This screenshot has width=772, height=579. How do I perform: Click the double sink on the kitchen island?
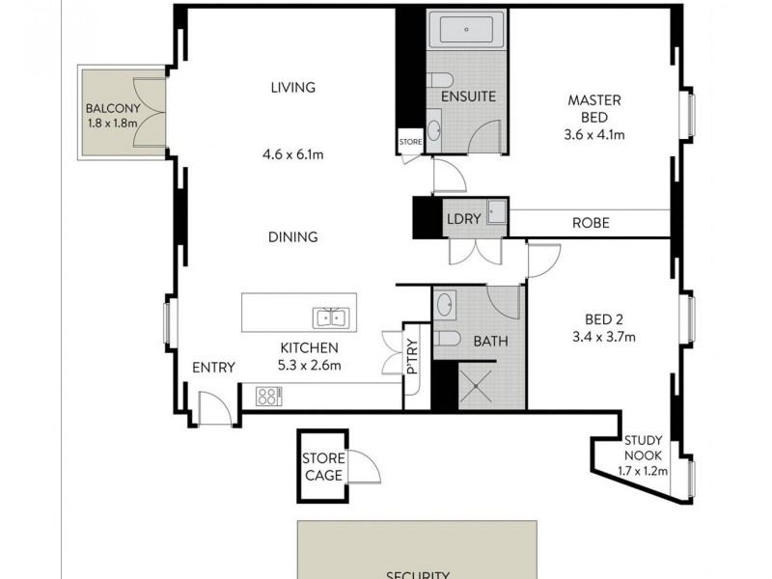click(330, 317)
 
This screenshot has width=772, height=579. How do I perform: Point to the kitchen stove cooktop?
click(268, 395)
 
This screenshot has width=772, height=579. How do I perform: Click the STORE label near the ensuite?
click(411, 142)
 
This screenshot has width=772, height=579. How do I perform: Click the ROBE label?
click(591, 223)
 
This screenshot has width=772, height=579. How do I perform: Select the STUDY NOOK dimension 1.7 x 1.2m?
click(643, 472)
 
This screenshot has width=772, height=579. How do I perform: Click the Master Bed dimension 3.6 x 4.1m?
click(594, 135)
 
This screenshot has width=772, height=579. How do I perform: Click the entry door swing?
click(212, 407)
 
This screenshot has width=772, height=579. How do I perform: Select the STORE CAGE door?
click(365, 471)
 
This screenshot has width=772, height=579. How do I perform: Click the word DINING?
click(294, 237)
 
